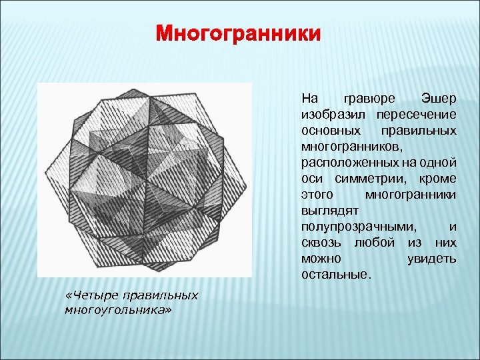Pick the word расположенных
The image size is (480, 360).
coord(347,162)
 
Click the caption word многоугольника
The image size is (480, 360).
coord(117,309)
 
